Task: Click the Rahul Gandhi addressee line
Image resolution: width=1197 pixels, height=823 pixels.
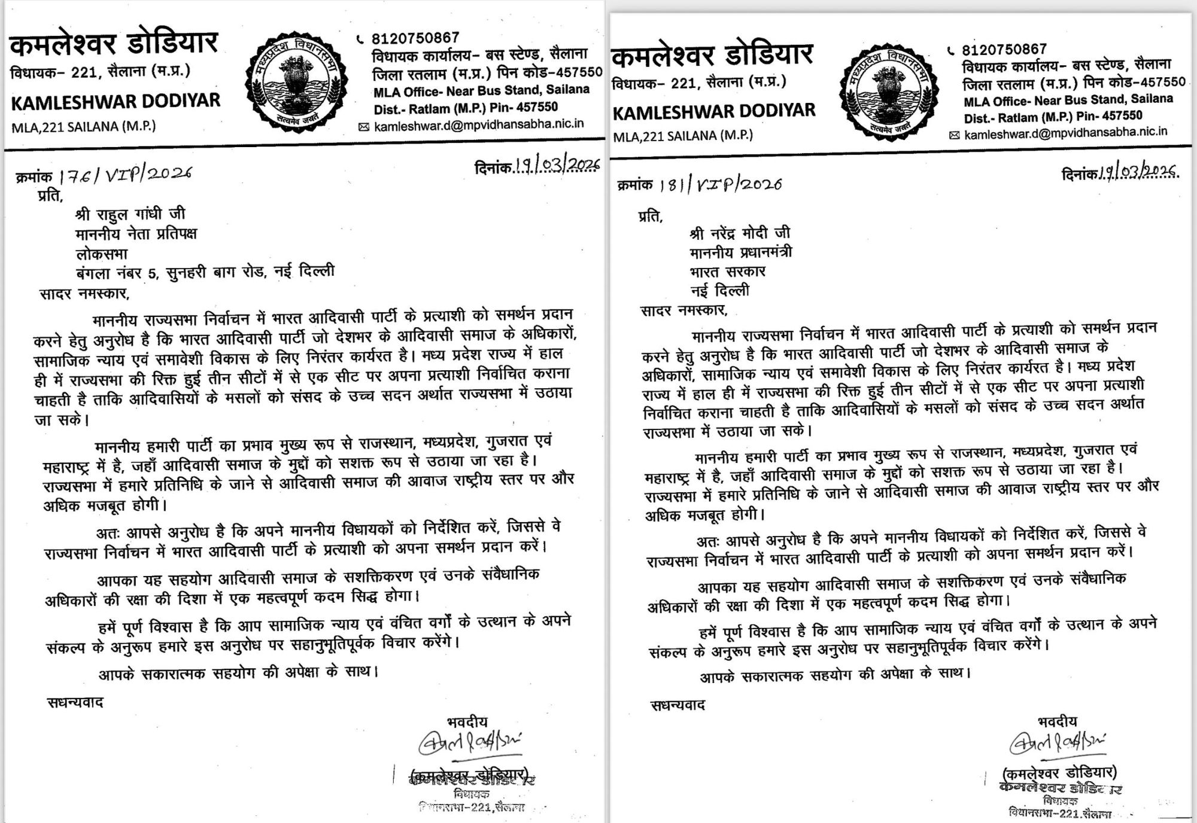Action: [130, 214]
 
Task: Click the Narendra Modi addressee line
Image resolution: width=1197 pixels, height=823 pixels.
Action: [740, 232]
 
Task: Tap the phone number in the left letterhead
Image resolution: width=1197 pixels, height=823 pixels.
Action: [415, 39]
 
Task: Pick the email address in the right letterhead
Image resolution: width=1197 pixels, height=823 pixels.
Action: [1065, 133]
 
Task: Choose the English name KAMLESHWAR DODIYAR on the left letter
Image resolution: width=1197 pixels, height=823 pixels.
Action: [116, 101]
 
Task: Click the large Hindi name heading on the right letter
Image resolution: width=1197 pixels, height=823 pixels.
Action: [712, 55]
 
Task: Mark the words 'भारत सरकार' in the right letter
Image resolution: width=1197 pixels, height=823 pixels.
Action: [727, 272]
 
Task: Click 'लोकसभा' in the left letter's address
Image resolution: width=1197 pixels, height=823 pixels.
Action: [102, 253]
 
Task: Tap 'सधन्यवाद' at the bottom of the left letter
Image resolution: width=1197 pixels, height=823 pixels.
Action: [75, 702]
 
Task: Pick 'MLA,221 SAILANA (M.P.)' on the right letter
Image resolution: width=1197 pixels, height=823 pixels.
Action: [683, 136]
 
